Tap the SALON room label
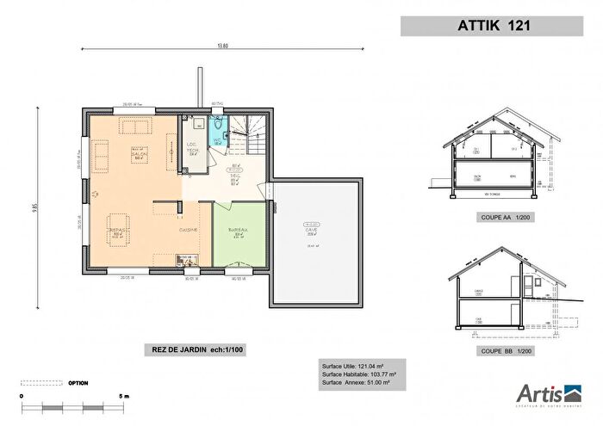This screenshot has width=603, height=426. tap(138, 154)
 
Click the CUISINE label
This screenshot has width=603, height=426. tap(189, 231)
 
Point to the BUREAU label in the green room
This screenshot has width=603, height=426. tap(238, 231)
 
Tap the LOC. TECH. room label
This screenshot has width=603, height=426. tap(193, 146)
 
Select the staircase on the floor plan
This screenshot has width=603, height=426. tap(252, 134)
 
